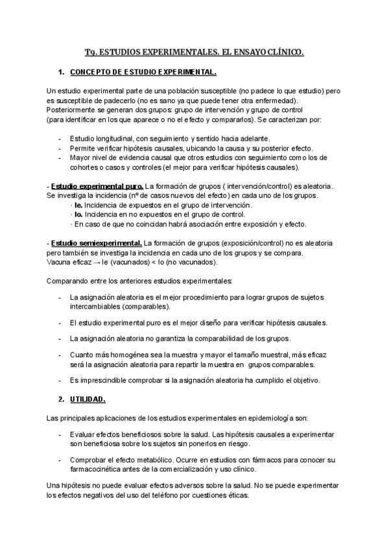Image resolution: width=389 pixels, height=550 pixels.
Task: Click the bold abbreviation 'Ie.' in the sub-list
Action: [78, 205]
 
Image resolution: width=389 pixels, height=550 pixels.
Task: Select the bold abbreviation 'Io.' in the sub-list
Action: [78, 215]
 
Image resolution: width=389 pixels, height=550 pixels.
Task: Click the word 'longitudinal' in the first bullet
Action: [115, 139]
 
